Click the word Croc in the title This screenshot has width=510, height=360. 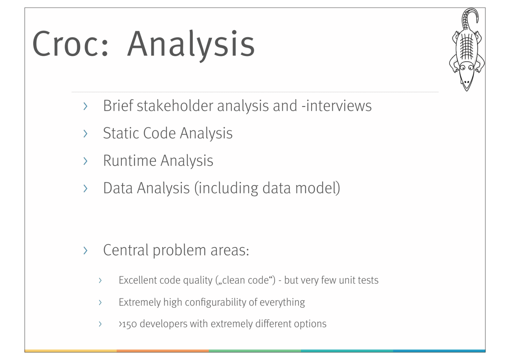point(70,43)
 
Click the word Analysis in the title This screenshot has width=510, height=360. point(191,46)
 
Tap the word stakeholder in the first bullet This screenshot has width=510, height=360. point(175,106)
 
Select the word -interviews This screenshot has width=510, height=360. point(336,106)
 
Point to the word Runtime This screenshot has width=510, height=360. point(130,161)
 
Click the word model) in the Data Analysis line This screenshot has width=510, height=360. point(317,188)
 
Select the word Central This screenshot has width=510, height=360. point(126,250)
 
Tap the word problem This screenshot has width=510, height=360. point(179,250)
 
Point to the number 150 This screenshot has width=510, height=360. point(129,324)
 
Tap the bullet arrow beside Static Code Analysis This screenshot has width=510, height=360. point(85,133)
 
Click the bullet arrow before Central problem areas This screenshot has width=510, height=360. point(85,250)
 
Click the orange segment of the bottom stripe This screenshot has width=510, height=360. point(163,351)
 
